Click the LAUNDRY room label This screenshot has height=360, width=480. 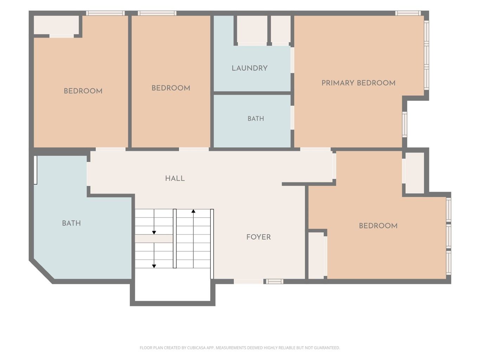pos(250,68)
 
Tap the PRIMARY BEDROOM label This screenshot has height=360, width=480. pos(358,83)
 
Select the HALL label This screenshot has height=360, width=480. pos(175,179)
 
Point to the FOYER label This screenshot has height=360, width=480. pos(258,237)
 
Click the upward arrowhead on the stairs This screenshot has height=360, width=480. pos(193,211)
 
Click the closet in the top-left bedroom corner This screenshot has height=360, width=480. pos(56,25)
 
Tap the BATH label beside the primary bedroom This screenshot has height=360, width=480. pos(256,119)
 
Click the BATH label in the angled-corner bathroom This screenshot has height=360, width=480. pos(71,223)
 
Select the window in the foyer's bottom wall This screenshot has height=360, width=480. pos(274,282)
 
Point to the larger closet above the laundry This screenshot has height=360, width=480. pos(252,29)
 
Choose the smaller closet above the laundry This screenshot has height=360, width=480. pos(281,29)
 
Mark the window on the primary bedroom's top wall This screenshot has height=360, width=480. pos(408,13)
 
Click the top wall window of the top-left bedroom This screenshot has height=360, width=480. pos(105,13)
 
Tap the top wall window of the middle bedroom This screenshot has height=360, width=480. pos(157,13)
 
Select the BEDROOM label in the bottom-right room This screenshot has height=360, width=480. pos(378,226)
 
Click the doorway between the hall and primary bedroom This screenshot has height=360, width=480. pos(315,149)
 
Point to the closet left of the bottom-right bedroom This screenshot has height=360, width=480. pos(316,256)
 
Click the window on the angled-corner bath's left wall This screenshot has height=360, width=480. pos(36,170)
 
